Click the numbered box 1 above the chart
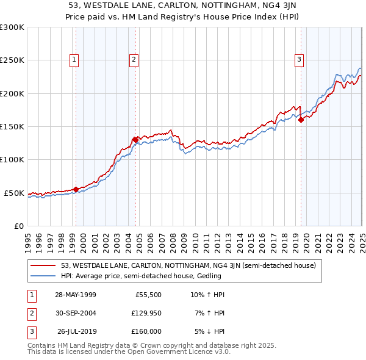pyautogui.click(x=74, y=59)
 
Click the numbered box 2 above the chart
pyautogui.click(x=133, y=59)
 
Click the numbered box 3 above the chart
pyautogui.click(x=300, y=59)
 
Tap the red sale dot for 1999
pyautogui.click(x=76, y=189)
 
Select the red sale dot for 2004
pyautogui.click(x=135, y=140)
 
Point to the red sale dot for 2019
pyautogui.click(x=301, y=120)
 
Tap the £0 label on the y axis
pyautogui.click(x=18, y=226)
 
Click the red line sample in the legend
pyautogui.click(x=43, y=266)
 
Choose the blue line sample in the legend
pyautogui.click(x=43, y=276)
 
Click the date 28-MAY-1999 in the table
pyautogui.click(x=76, y=295)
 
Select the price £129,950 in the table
pyautogui.click(x=147, y=313)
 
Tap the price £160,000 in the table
pyautogui.click(x=147, y=331)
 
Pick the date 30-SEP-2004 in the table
pyautogui.click(x=76, y=313)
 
